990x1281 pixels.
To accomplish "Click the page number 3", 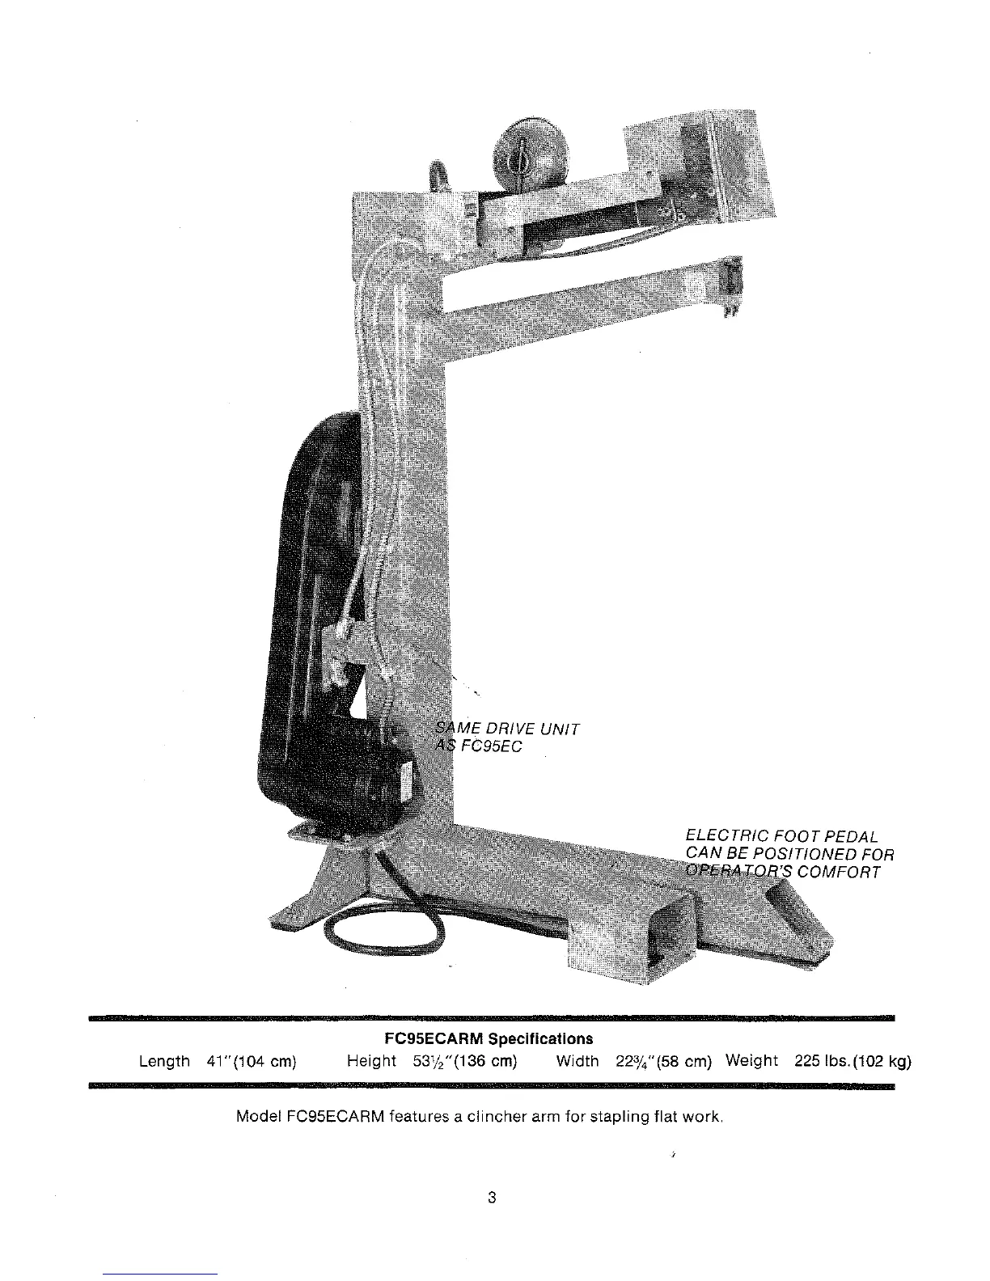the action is tap(491, 1198).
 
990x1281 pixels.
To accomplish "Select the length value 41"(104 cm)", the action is tap(252, 1061).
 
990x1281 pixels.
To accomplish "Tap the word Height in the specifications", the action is tap(371, 1061).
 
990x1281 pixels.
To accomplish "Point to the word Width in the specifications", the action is tap(577, 1061).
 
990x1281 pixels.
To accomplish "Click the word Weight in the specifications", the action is tap(751, 1060).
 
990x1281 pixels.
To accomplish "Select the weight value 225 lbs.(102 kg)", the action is tap(852, 1061).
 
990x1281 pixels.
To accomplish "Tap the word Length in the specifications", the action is tap(164, 1061).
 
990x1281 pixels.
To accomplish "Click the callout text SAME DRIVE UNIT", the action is tap(507, 729).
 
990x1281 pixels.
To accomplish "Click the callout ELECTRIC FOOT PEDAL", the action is tap(781, 836).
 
